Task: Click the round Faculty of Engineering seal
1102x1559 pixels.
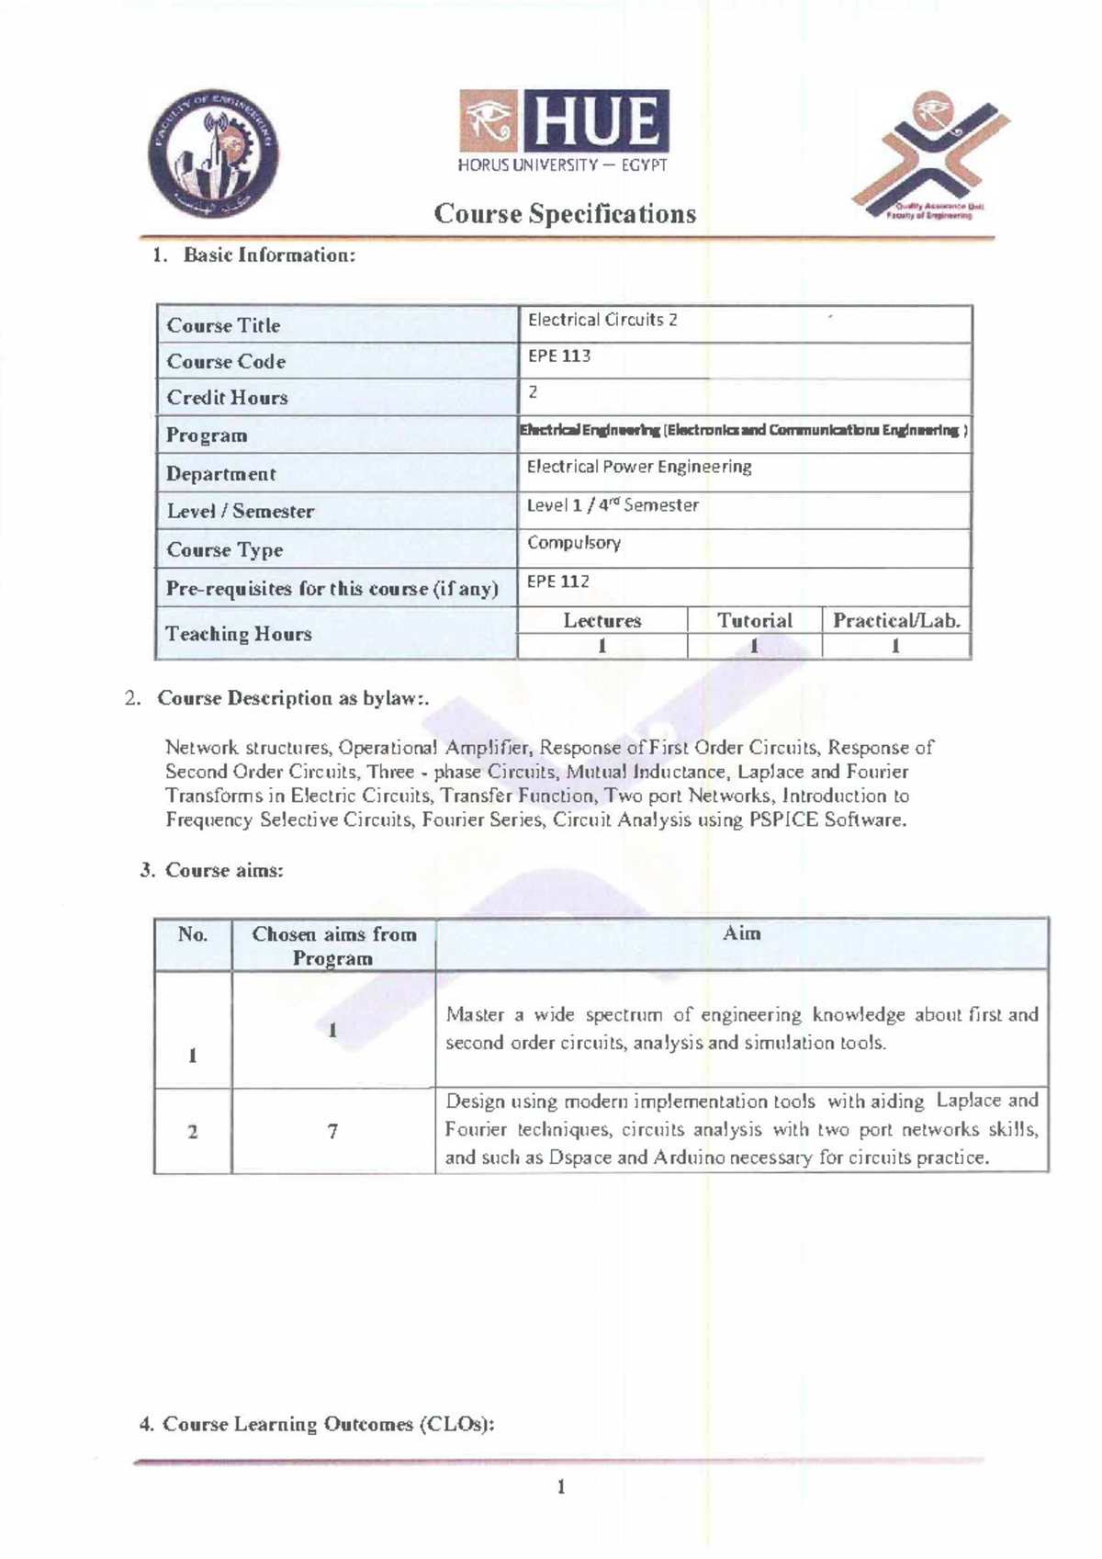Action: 213,153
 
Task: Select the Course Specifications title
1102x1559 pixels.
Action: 565,214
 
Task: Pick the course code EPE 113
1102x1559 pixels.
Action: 558,356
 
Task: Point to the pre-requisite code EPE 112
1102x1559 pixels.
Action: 557,582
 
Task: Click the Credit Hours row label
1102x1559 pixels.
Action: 227,398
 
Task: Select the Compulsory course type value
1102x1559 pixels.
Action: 574,543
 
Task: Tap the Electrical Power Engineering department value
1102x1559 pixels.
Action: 639,467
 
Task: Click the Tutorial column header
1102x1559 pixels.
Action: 754,621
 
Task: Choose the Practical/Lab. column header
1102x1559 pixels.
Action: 896,621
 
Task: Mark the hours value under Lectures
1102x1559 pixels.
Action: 602,646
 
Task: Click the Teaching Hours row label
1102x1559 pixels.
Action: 239,634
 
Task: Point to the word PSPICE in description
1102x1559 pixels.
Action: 783,820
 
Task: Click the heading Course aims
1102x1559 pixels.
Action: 223,870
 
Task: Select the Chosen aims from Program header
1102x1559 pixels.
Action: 333,945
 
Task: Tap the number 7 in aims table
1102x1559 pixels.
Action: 332,1132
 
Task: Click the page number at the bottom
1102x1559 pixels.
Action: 560,1487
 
